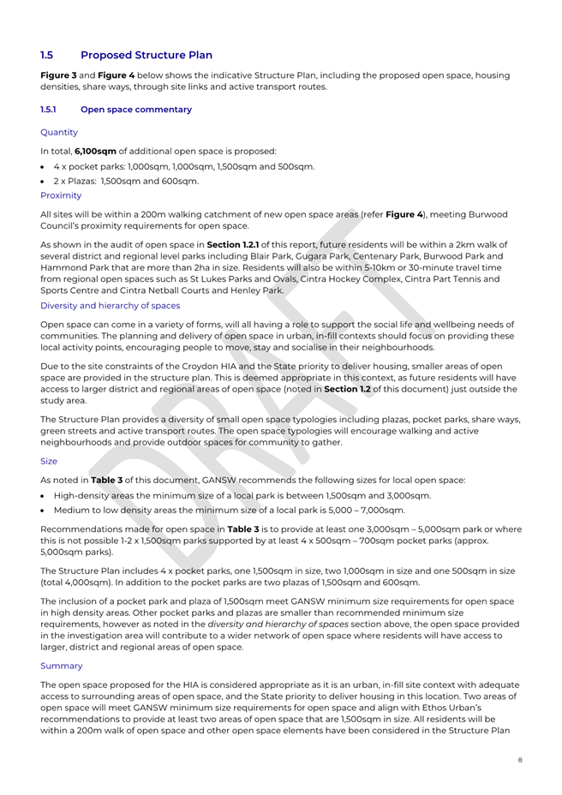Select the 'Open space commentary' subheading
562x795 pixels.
135,110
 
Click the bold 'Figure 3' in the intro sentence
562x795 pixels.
59,75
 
